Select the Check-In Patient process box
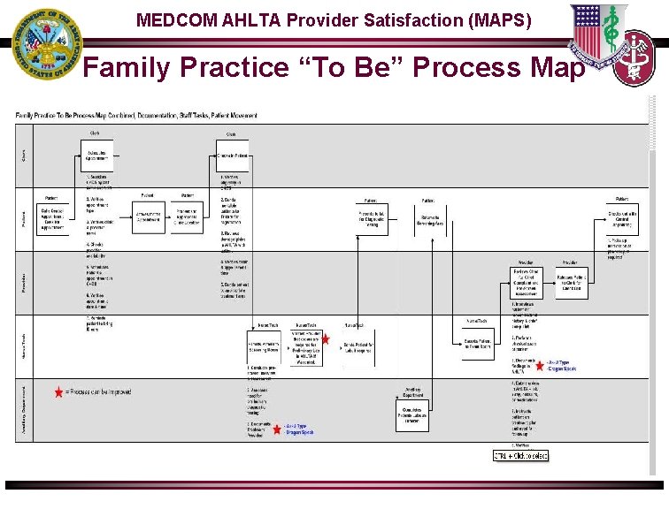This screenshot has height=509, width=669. click(x=231, y=156)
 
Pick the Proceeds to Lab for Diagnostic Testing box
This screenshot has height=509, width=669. click(x=373, y=220)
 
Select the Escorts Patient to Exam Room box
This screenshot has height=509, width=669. click(x=479, y=344)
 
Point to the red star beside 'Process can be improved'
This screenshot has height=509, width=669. click(x=58, y=392)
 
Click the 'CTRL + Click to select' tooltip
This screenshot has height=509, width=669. click(x=520, y=455)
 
